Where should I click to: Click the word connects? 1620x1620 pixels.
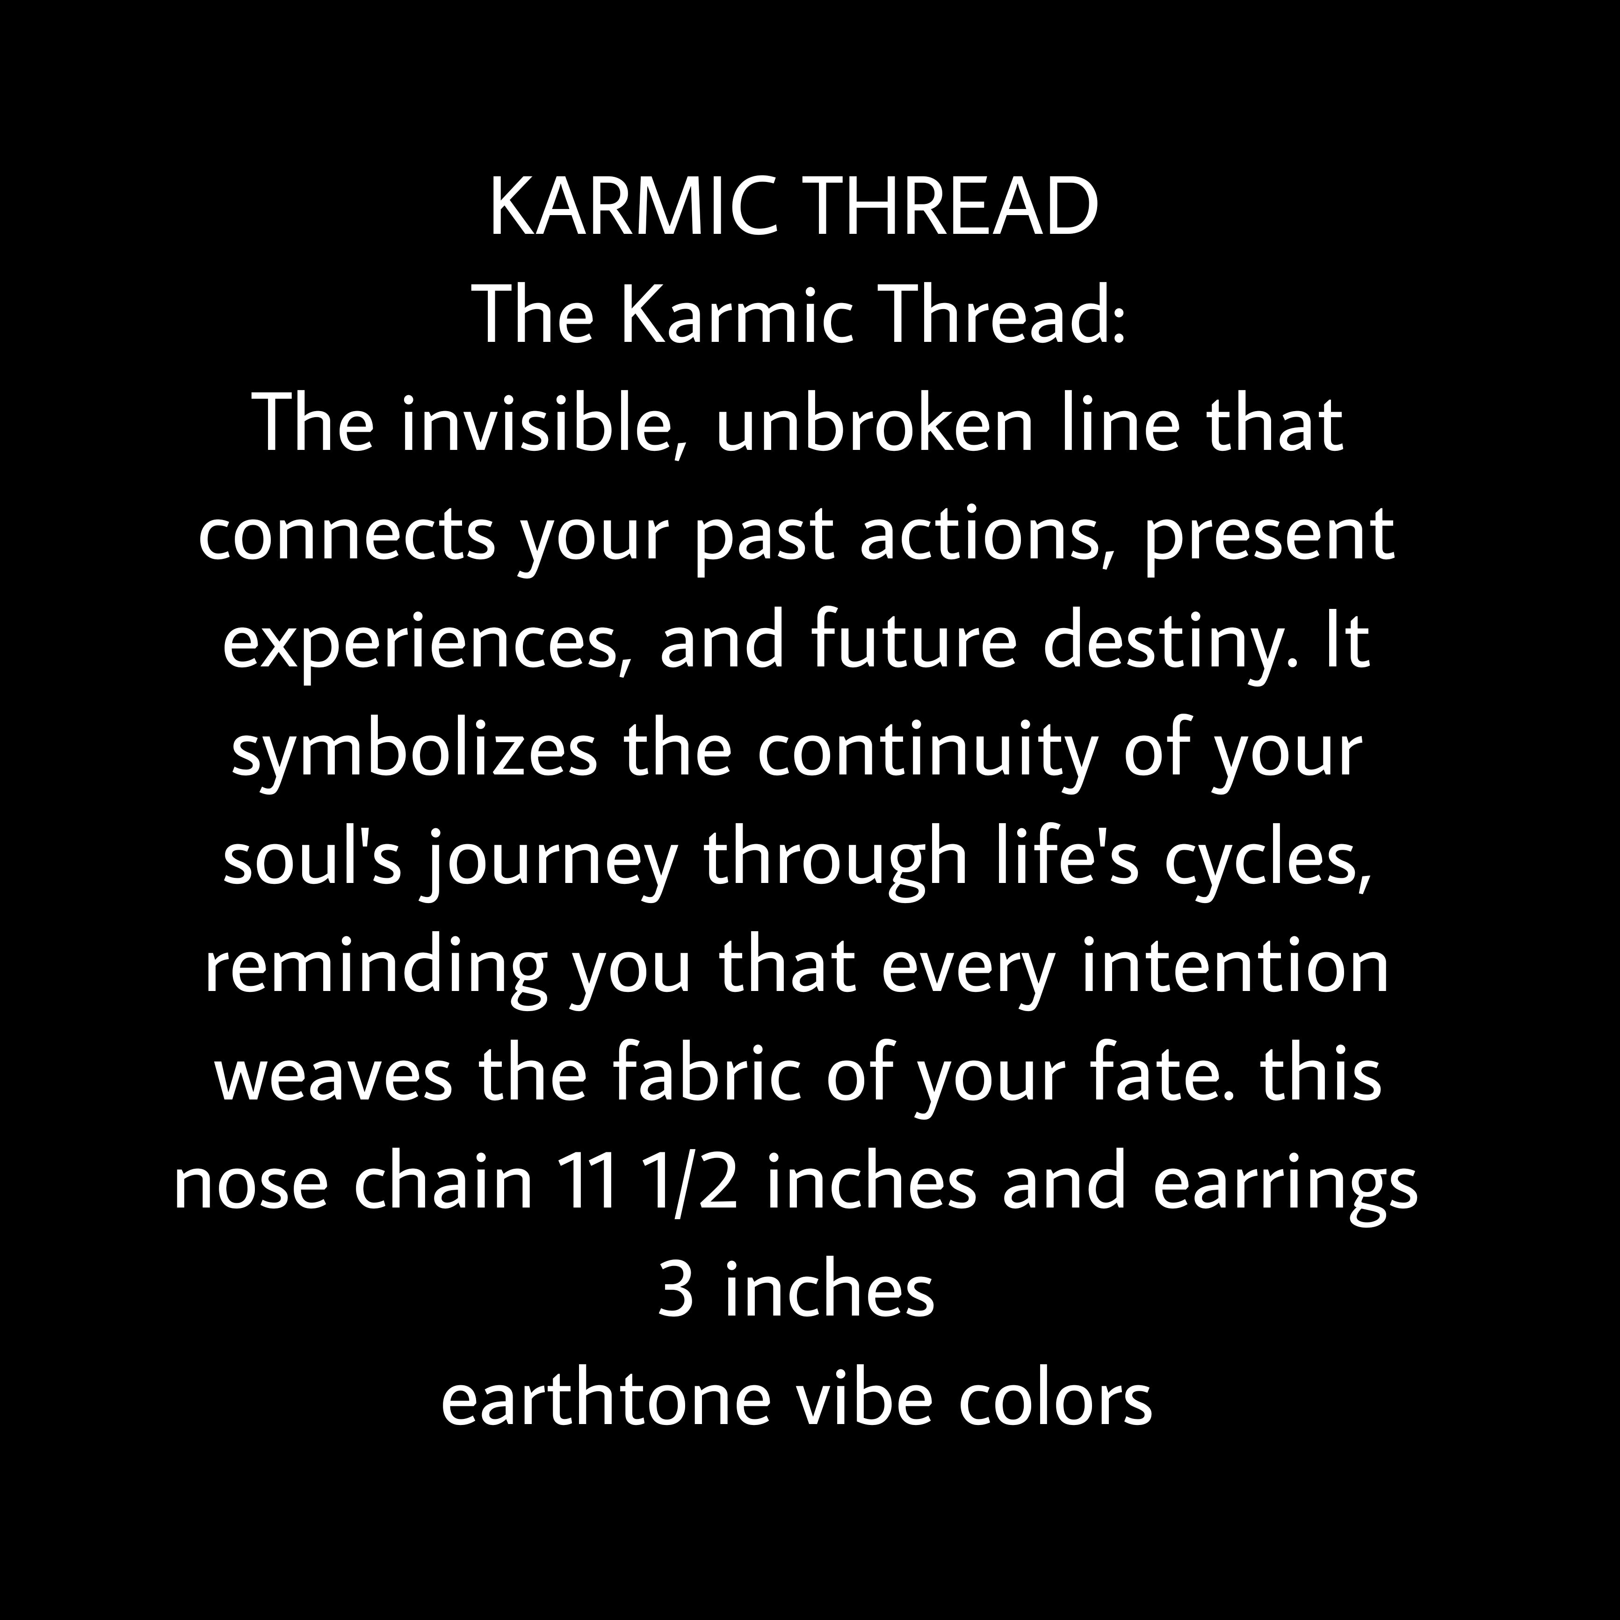click(346, 536)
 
